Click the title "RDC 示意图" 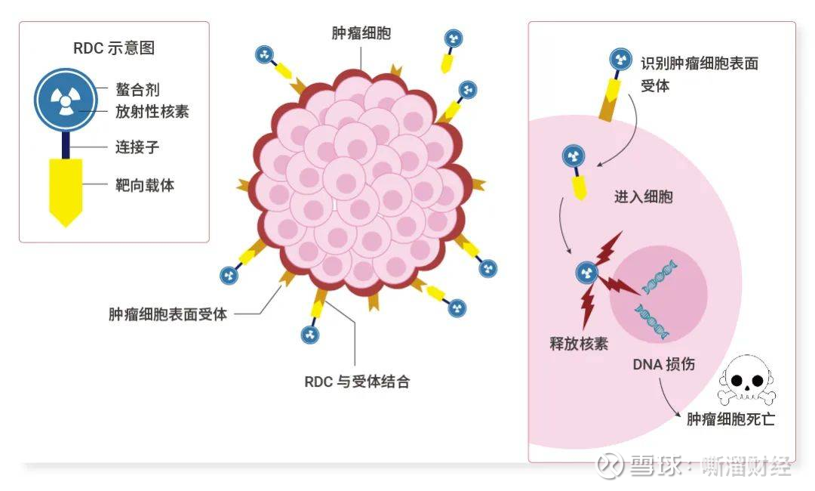tap(114, 48)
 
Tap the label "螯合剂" tap(137, 89)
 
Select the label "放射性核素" tap(152, 111)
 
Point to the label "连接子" tap(137, 147)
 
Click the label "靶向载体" tap(144, 184)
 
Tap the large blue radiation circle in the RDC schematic tap(66, 100)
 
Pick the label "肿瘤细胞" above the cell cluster tap(361, 33)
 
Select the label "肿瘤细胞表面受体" tap(168, 314)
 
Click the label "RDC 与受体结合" tap(356, 381)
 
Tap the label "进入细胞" tap(644, 196)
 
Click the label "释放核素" tap(579, 343)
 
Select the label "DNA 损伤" tap(664, 364)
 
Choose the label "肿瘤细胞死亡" tap(730, 419)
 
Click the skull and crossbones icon tap(747, 380)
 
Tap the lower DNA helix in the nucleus tap(651, 321)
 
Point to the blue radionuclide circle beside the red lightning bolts tap(586, 273)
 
